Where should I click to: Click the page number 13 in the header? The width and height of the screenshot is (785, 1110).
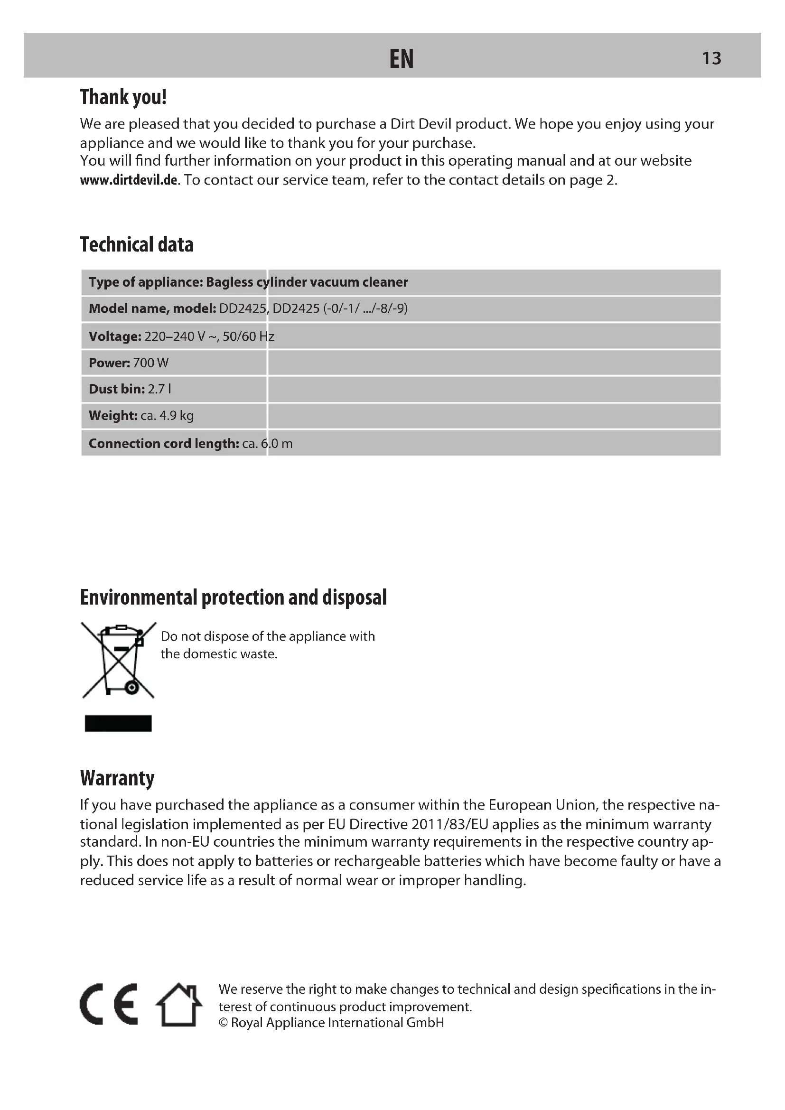(x=711, y=58)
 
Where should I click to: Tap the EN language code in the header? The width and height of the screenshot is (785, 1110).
(x=401, y=59)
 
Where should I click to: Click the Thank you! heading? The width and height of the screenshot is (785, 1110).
(x=123, y=97)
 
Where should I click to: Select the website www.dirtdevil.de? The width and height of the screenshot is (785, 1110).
(x=129, y=180)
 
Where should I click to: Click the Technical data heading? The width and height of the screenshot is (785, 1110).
(x=137, y=244)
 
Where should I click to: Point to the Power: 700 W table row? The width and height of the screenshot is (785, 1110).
(x=129, y=363)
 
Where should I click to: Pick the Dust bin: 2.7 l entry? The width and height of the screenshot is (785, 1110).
(x=130, y=389)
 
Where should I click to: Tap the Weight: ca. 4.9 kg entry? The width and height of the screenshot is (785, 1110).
(x=141, y=416)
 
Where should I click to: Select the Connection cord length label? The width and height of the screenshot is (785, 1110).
(x=164, y=443)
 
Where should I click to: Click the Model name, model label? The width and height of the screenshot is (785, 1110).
(x=152, y=308)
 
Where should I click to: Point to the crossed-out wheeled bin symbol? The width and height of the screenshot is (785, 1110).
(x=119, y=660)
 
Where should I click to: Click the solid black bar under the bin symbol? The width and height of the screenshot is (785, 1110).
(x=119, y=723)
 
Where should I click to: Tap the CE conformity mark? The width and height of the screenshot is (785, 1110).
(x=109, y=1004)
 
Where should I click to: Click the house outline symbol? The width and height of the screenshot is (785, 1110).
(x=178, y=1004)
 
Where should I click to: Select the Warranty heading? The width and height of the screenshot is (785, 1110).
(x=117, y=778)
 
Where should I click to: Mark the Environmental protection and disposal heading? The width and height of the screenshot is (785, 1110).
(x=233, y=597)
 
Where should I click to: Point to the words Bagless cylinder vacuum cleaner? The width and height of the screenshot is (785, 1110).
(x=307, y=282)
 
